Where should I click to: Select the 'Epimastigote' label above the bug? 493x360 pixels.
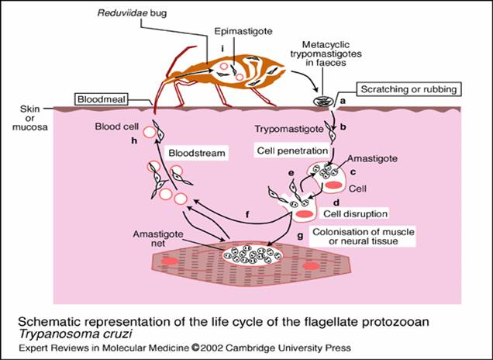[x=243, y=33]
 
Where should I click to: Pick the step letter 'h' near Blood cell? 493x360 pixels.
[x=134, y=140]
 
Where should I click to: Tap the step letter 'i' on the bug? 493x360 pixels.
[x=222, y=50]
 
